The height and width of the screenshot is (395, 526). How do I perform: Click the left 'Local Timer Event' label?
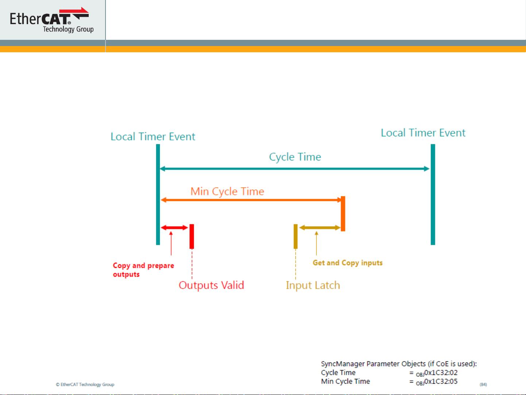(x=153, y=137)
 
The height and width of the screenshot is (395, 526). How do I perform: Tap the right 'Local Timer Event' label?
(x=423, y=133)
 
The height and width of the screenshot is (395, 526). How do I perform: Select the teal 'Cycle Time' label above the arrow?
(x=295, y=157)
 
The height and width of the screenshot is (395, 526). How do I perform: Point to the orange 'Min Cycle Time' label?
(x=227, y=191)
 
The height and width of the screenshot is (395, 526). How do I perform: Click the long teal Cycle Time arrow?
(x=295, y=169)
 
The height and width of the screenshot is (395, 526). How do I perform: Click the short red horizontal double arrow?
(x=174, y=228)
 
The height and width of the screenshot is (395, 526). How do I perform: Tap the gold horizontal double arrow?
(x=320, y=228)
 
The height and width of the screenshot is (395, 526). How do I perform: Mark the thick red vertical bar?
(x=192, y=236)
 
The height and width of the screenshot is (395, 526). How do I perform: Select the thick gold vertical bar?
(x=296, y=236)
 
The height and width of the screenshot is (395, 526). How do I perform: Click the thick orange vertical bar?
(x=343, y=214)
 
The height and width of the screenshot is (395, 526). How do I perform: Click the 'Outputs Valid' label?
(x=211, y=285)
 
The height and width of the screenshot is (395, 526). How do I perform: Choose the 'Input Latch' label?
(x=313, y=285)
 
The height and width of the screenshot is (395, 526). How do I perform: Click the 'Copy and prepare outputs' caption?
(x=143, y=270)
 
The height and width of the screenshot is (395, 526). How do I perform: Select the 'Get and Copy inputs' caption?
(x=348, y=263)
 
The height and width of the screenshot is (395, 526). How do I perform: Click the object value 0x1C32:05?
(x=441, y=381)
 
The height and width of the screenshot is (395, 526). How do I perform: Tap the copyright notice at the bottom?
(x=85, y=384)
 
